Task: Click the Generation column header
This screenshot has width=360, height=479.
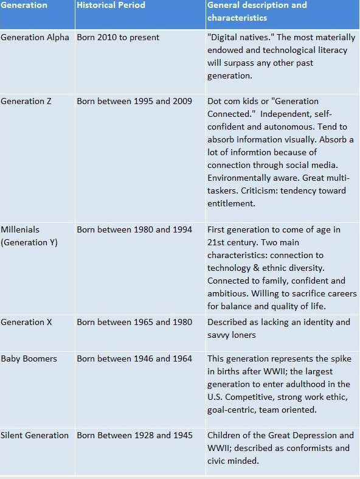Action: point(24,5)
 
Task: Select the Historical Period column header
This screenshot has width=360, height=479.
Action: point(111,5)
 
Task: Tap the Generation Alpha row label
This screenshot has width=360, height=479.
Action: point(35,38)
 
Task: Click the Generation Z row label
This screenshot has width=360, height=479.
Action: point(26,102)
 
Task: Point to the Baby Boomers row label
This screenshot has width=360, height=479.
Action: point(29,359)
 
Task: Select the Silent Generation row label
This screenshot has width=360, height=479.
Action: point(35,436)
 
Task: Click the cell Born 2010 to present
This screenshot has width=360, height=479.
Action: point(118,38)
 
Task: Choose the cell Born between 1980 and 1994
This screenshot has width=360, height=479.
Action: point(134,230)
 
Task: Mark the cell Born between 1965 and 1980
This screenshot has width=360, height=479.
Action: point(134,323)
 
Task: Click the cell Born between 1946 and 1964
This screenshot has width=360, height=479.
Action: point(134,359)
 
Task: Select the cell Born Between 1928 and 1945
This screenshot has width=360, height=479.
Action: point(134,436)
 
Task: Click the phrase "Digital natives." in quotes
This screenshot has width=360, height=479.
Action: point(240,38)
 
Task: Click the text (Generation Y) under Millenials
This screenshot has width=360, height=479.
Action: point(29,243)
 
